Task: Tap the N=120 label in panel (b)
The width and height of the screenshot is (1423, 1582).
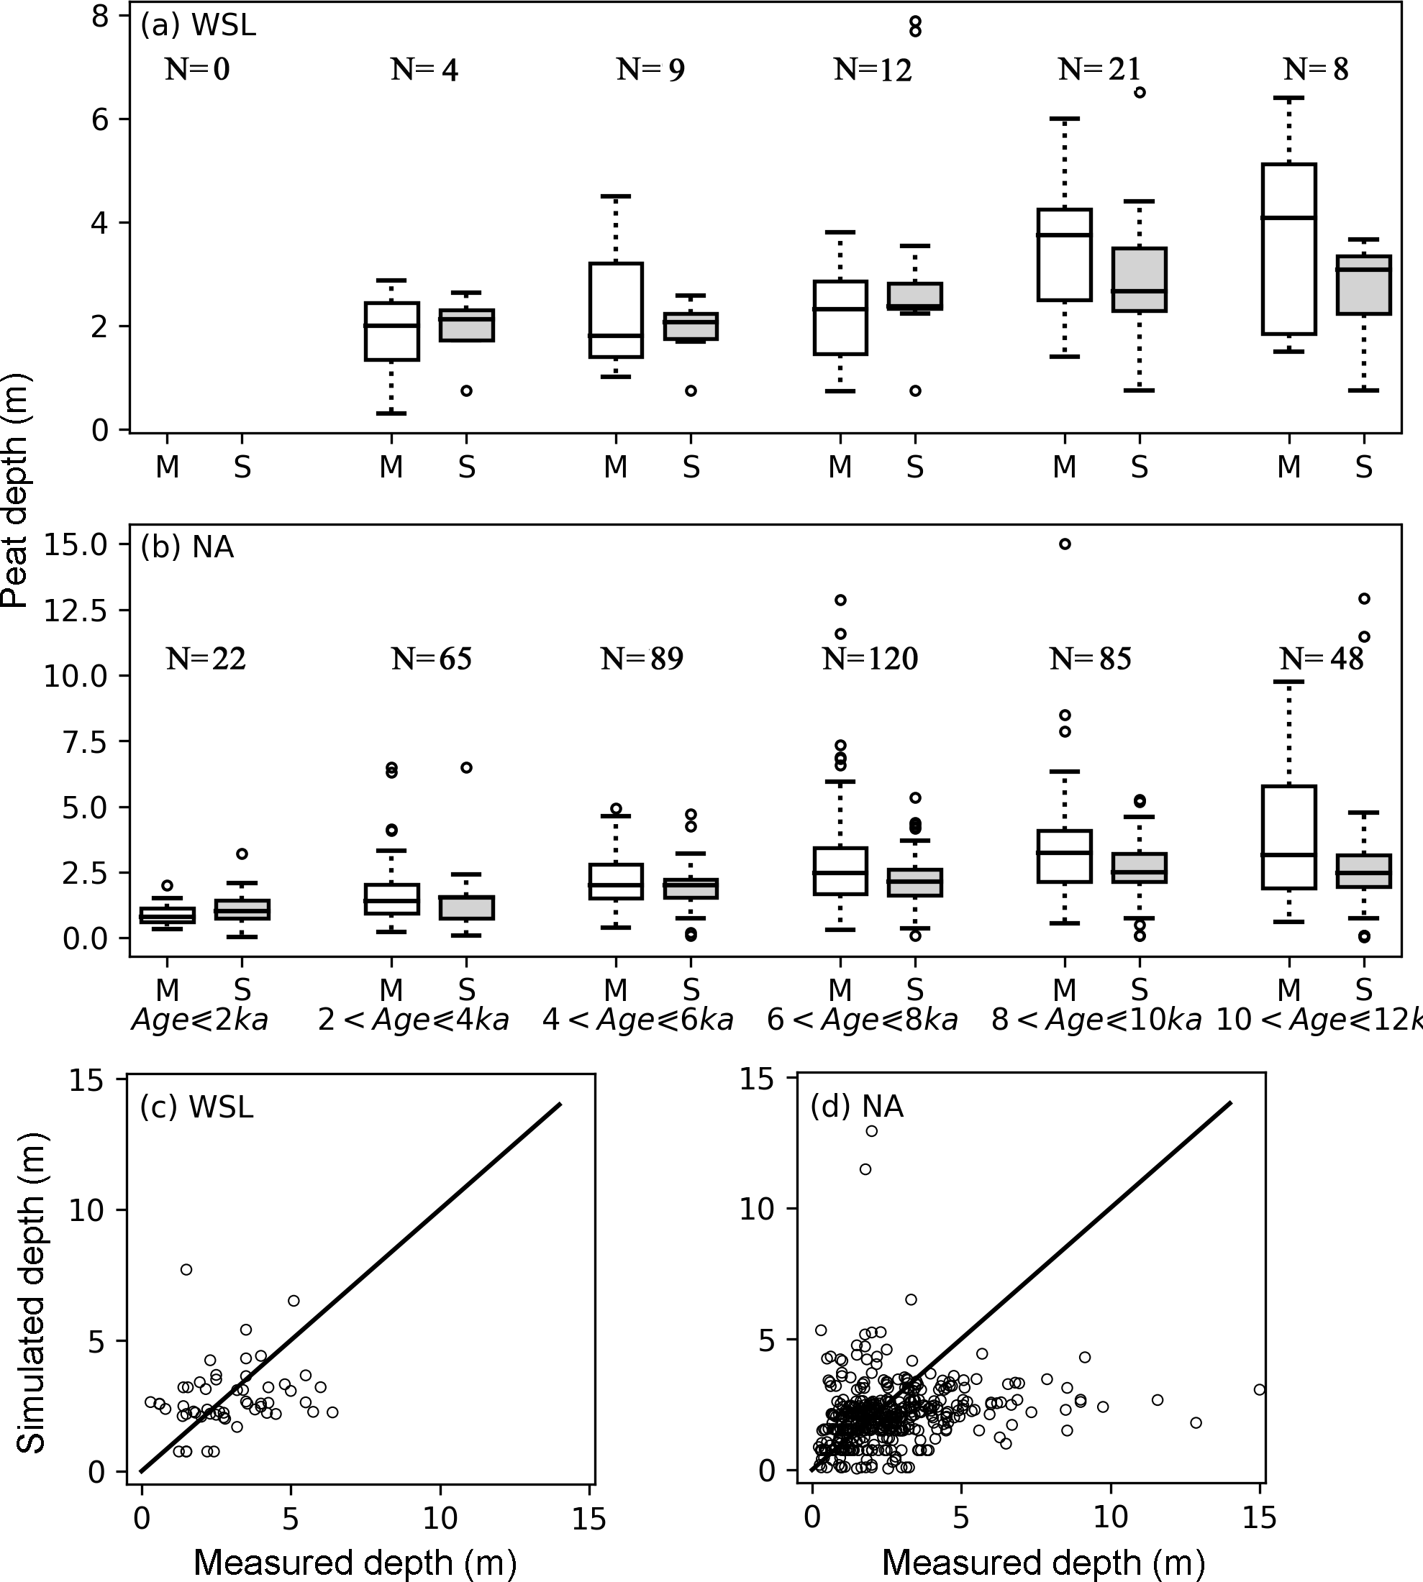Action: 870,659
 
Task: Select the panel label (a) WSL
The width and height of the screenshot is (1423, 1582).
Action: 198,26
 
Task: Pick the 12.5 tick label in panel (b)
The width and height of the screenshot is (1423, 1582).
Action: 76,611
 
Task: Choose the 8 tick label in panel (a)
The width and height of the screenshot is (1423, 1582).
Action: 100,17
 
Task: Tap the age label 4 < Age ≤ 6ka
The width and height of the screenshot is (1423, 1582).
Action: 638,1020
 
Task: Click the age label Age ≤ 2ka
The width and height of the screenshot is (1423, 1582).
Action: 200,1020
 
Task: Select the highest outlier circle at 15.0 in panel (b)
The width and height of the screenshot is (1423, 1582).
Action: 1065,544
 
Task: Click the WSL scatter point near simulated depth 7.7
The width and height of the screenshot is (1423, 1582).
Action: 186,1269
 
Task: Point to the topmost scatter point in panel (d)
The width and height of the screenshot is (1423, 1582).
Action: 871,1131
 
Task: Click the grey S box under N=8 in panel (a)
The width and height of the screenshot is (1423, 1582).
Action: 1363,285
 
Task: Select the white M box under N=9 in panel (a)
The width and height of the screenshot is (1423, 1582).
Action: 616,311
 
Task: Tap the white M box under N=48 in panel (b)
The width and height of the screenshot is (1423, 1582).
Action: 1289,837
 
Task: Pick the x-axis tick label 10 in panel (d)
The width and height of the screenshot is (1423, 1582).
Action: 1110,1517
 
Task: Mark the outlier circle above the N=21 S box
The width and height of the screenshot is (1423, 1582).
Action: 1140,92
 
